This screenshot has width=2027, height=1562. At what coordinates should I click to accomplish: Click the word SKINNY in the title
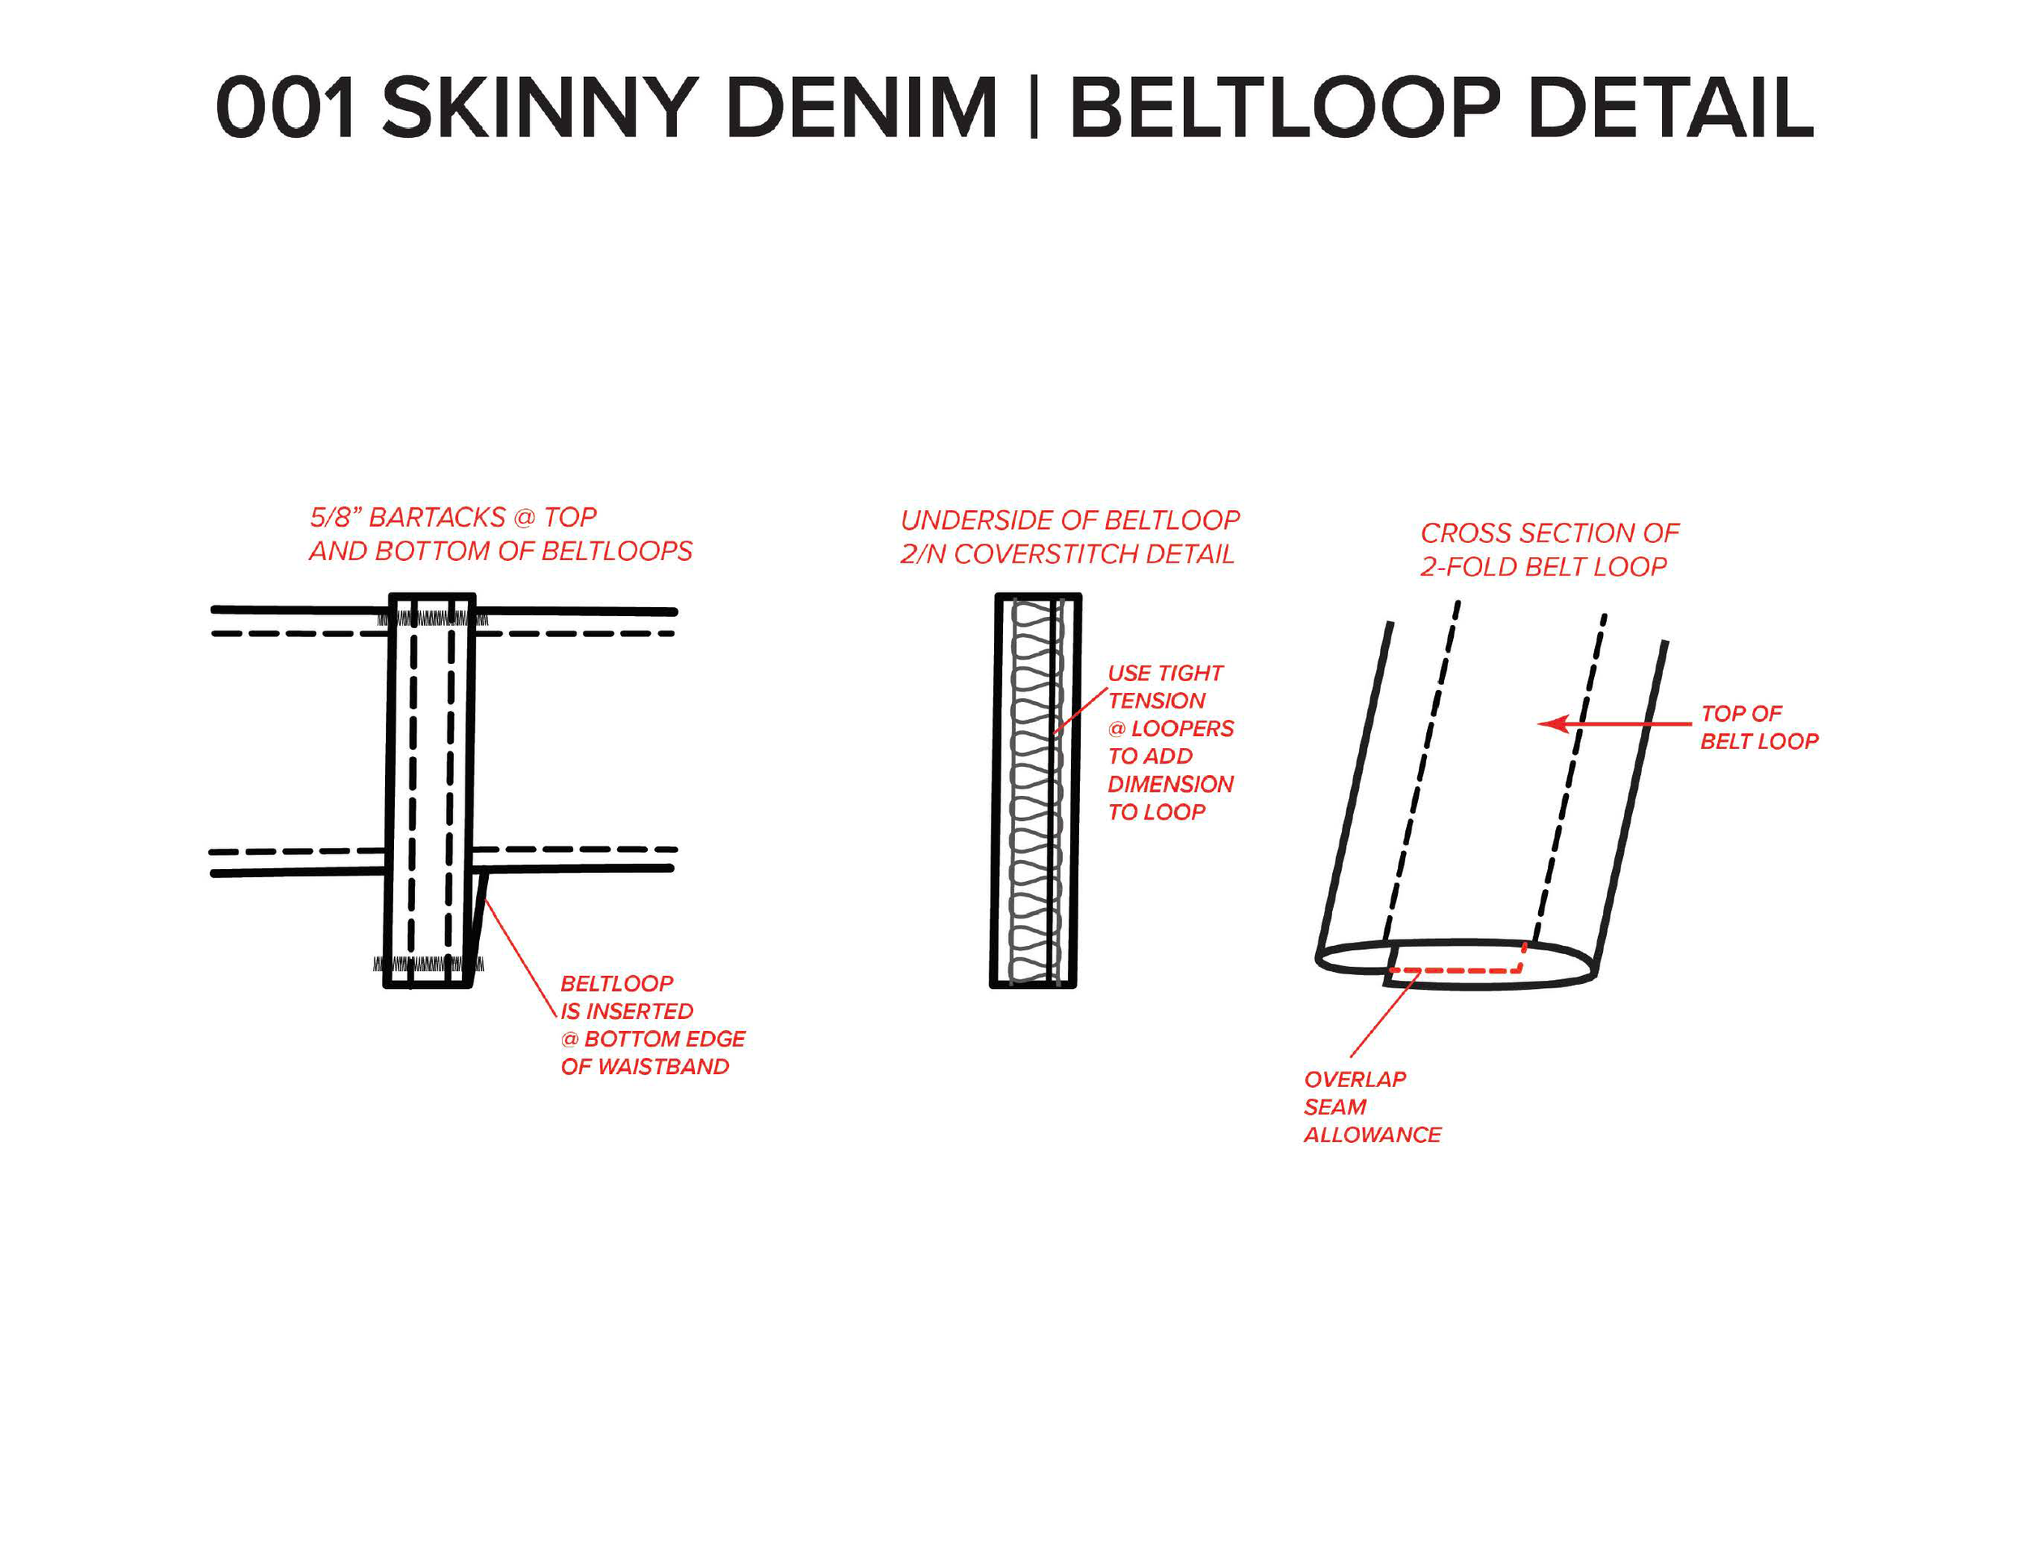coord(539,108)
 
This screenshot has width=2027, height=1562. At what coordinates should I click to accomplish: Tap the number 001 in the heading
coord(285,108)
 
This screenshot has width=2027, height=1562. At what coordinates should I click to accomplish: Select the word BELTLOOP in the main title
coord(1284,108)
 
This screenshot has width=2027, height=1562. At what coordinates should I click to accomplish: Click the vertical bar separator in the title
coord(1033,108)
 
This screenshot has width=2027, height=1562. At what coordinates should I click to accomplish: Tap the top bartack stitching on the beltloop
coord(431,619)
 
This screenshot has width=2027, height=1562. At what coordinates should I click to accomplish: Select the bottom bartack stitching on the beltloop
coord(428,965)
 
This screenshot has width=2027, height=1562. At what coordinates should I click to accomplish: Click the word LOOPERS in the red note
coord(1181,729)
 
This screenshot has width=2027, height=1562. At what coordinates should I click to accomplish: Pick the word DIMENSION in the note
coord(1170,785)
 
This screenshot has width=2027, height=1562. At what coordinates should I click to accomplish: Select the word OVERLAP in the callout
coord(1355,1080)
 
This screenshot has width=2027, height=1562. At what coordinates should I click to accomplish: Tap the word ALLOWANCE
coord(1372,1135)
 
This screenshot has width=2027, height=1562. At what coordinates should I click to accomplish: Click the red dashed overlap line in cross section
coord(1457,970)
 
